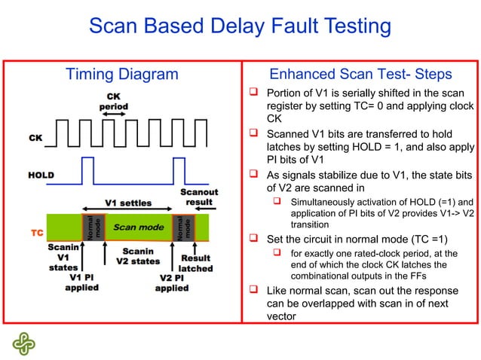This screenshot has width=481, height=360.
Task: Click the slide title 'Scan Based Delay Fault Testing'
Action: tap(240, 27)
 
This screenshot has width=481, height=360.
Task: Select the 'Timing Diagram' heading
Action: tap(122, 75)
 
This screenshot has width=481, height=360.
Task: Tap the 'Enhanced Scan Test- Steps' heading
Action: tap(360, 75)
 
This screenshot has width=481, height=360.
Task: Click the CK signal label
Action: tap(35, 138)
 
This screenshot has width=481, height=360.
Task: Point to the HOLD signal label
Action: tap(41, 175)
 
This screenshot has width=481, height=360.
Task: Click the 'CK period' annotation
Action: tap(114, 102)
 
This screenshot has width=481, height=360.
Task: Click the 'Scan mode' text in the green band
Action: tap(139, 227)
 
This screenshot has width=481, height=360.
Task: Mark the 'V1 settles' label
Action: tap(127, 203)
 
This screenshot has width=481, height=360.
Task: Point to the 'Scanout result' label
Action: tap(199, 198)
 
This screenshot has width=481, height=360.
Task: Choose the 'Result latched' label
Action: tap(195, 263)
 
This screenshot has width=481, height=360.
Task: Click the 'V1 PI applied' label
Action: tap(81, 282)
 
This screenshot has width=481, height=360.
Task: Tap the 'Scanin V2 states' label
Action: tap(138, 256)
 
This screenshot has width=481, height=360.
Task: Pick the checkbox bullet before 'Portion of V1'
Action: tap(256, 92)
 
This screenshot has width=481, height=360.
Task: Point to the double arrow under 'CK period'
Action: tap(115, 114)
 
